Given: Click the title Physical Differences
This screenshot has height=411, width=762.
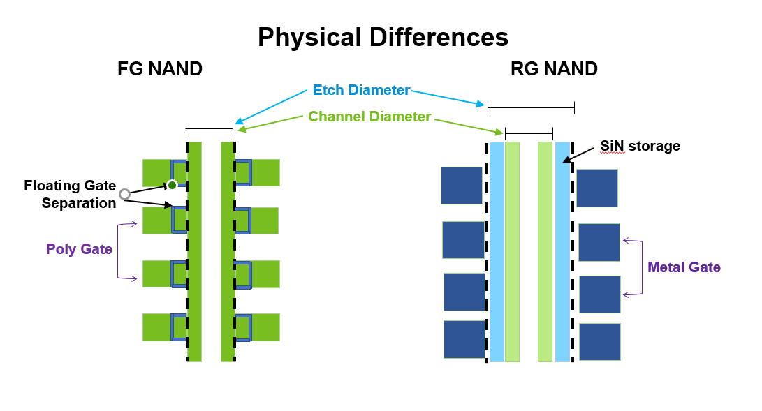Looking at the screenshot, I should pos(383,37).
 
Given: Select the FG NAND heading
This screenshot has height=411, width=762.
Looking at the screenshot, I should pos(160,69).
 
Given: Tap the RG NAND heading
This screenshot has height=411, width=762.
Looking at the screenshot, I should pos(554,69).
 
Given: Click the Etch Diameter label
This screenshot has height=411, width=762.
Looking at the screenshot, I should pos(361,90).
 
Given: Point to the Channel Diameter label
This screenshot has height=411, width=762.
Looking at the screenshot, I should pos(369,117).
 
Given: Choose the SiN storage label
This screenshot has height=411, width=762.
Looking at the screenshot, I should pos(640,146).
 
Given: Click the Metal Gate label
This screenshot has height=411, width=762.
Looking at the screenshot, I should pos(684,267).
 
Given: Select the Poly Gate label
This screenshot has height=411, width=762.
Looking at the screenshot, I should pos(79,249).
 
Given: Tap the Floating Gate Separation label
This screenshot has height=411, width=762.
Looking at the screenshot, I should pos(70,194).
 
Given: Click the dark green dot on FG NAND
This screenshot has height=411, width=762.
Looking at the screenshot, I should pos(172,185).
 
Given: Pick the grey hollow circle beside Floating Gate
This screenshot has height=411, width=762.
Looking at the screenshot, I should pos(124,194).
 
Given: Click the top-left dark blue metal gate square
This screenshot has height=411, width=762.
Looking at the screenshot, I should pos(462,185).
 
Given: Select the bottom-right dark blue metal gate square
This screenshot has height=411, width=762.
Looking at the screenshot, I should pos(599,342).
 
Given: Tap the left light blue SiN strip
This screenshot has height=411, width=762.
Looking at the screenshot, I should pos(497,251).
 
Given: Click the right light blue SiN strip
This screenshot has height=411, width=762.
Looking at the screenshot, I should pos(562,251).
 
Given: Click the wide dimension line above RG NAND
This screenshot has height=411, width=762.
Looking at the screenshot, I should pos(531,107).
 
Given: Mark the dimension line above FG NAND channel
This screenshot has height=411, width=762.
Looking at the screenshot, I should pos(210,128).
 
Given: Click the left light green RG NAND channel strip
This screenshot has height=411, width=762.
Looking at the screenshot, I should pos(512,251).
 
